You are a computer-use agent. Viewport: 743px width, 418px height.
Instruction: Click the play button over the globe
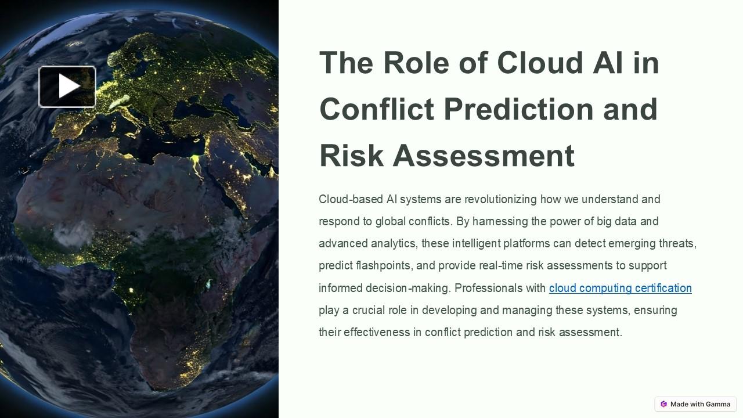coord(67,87)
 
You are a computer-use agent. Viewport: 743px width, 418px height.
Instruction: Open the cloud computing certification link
coord(620,288)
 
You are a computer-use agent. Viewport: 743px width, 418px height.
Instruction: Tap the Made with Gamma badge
coord(695,404)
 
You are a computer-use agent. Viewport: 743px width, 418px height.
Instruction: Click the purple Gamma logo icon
coord(663,404)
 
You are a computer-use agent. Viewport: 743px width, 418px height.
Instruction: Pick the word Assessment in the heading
coord(484,156)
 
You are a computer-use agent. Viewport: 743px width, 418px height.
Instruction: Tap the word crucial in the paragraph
coord(370,310)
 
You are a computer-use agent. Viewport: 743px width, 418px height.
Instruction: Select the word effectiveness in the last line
coord(383,332)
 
